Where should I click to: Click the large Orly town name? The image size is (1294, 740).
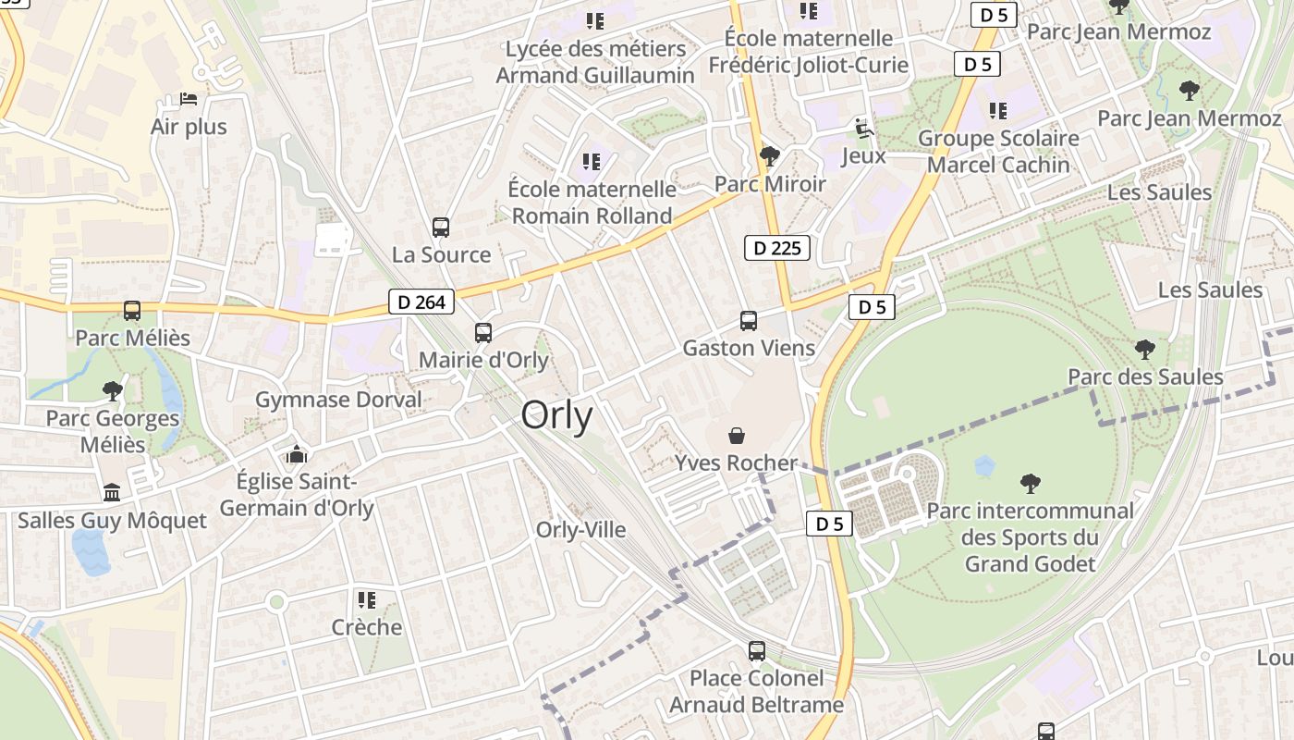click(x=556, y=415)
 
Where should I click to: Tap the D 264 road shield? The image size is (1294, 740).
click(x=421, y=302)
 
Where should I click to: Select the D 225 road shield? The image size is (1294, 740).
click(x=777, y=248)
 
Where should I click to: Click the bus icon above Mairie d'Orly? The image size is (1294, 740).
click(x=483, y=333)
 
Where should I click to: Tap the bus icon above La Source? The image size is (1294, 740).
click(x=441, y=227)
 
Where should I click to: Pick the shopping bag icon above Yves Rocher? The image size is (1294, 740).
click(x=737, y=435)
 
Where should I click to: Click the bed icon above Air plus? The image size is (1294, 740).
click(x=189, y=99)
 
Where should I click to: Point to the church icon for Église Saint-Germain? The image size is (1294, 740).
click(x=296, y=454)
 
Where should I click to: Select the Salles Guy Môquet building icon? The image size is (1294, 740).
click(x=112, y=492)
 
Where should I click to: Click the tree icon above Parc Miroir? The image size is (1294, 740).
click(x=769, y=155)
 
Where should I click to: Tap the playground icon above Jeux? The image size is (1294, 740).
click(x=864, y=128)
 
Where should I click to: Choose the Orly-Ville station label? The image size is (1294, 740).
click(x=580, y=530)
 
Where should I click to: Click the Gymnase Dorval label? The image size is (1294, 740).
click(x=338, y=400)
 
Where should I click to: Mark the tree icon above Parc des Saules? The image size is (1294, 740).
click(x=1144, y=349)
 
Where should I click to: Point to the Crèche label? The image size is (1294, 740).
click(x=367, y=627)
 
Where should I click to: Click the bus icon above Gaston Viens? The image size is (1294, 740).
click(x=749, y=321)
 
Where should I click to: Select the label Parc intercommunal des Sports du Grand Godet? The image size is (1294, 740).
click(x=1030, y=536)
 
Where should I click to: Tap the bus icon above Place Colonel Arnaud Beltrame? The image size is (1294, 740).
click(x=757, y=651)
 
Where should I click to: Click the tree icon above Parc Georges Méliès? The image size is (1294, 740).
click(x=113, y=390)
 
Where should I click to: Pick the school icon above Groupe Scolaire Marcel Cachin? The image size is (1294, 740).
click(x=998, y=111)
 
